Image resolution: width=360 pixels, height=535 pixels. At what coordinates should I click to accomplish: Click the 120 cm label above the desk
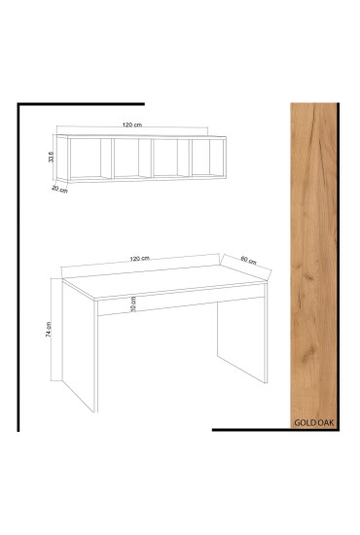click(140, 258)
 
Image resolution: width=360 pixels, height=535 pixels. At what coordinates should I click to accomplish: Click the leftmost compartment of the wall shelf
click(88, 158)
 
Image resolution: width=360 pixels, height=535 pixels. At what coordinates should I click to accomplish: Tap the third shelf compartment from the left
click(167, 158)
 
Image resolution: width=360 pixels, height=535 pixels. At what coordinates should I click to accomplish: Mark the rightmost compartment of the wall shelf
click(205, 158)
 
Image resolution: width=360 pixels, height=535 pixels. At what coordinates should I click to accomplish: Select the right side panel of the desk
click(239, 340)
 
